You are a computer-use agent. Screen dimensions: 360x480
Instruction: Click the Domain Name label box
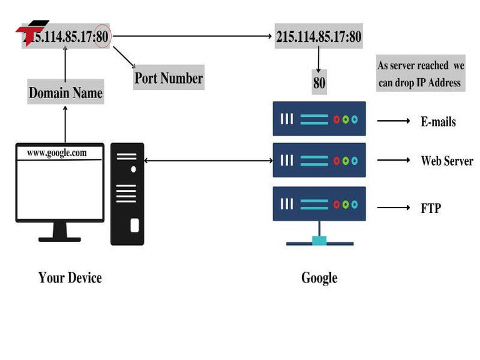coord(66,93)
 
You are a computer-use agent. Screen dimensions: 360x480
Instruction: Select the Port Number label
coord(169,78)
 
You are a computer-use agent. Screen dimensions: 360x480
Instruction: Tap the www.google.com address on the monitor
coord(57,152)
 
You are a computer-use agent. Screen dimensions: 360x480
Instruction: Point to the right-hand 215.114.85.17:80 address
coord(319,36)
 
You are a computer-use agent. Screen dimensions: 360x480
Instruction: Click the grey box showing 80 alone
coord(319,82)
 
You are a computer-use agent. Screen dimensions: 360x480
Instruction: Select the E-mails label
coord(437,121)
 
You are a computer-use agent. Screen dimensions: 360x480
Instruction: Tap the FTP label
coord(431,208)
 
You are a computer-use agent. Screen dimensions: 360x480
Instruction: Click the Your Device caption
coord(70,277)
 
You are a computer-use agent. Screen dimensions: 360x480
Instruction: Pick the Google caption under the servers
coord(319,277)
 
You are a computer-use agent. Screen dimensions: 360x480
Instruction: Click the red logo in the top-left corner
coord(31,31)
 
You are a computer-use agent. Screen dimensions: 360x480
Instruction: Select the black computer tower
coord(127,194)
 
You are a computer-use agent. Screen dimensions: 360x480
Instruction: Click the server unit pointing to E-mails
coord(319,119)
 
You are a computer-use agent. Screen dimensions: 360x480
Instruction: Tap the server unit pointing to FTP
coord(319,204)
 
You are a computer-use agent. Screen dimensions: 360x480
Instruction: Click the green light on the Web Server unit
coord(346,161)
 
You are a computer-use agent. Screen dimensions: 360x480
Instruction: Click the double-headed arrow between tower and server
coord(208,161)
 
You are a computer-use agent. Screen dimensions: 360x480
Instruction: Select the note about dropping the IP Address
coord(420,74)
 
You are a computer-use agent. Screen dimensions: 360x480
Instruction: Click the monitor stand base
coord(60,238)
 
